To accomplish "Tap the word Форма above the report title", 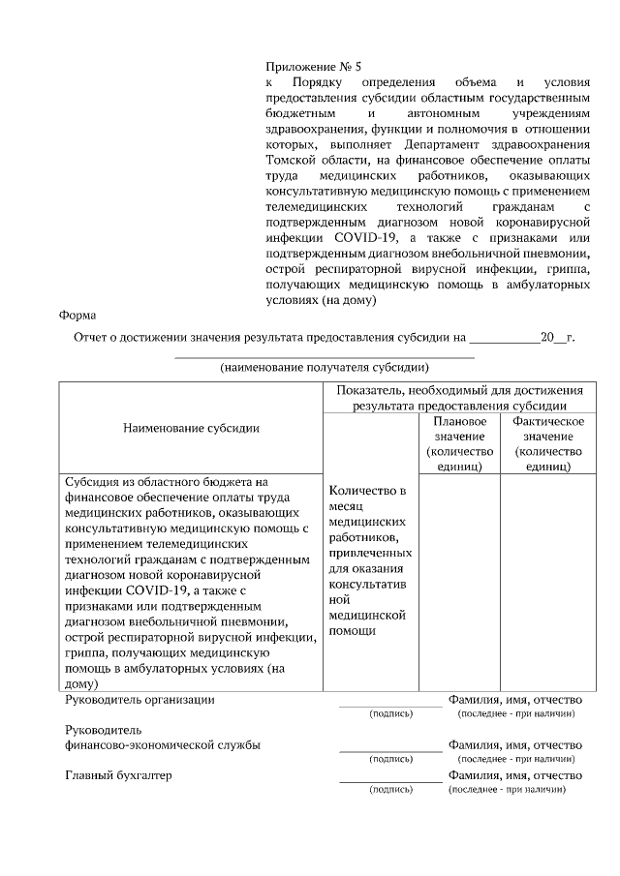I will pos(77,315).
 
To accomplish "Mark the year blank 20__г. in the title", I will pos(556,338).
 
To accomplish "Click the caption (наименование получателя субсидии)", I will pos(324,367).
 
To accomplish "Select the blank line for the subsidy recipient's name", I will pos(324,356).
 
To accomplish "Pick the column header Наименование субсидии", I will pos(191,427).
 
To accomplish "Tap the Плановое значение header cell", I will pos(459,443).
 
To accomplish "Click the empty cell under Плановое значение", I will pos(459,581).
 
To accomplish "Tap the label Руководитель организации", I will pos(139,699).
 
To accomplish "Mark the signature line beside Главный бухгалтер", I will pos(389,781).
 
